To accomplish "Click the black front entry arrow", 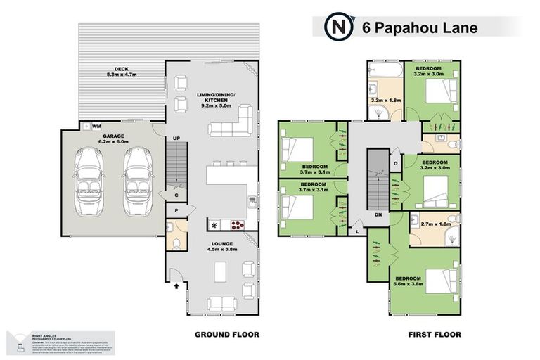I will [x=175, y=285].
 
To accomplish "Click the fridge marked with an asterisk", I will [x=214, y=226].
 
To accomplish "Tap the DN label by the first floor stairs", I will [x=377, y=215].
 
